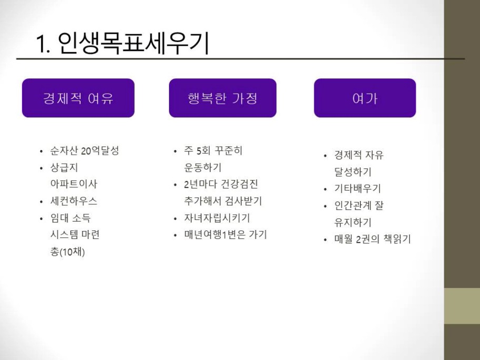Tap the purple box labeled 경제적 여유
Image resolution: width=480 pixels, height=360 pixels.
[x=78, y=98]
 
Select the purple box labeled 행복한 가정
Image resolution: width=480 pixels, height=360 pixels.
[x=223, y=98]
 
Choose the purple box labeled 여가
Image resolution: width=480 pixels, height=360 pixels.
[x=365, y=98]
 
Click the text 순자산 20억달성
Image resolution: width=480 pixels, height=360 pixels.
[x=85, y=151]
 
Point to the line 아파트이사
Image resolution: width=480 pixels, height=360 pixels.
[x=74, y=184]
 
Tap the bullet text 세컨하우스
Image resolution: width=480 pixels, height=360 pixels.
[x=74, y=201]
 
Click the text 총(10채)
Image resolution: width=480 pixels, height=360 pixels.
[x=67, y=252]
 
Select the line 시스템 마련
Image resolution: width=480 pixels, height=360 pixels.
[x=75, y=235]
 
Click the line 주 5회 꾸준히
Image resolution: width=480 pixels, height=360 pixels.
[x=213, y=151]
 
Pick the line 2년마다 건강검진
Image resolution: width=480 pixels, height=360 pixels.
[x=221, y=184]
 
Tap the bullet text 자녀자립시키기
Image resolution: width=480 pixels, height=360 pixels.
[x=217, y=218]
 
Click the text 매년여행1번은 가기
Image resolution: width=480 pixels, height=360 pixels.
[x=226, y=235]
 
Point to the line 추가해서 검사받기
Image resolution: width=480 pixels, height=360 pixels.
[x=223, y=201]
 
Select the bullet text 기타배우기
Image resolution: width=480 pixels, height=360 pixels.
[x=357, y=188]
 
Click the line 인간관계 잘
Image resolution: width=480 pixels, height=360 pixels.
[x=359, y=205]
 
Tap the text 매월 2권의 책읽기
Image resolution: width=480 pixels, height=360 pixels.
[x=373, y=239]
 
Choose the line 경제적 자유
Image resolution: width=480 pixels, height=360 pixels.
[x=359, y=155]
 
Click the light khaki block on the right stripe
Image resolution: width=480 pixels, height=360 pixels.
[x=462, y=306]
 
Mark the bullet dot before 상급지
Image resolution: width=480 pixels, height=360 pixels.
[x=42, y=168]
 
